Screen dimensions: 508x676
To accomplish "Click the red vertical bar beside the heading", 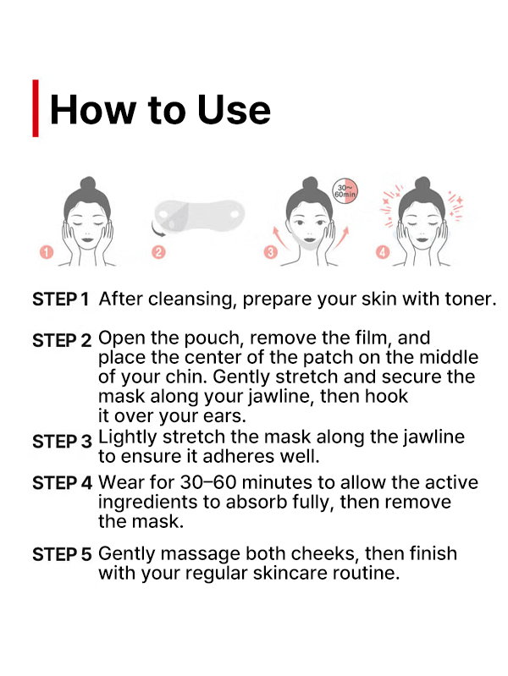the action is point(36,108).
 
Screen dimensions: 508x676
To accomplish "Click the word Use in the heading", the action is point(234,110).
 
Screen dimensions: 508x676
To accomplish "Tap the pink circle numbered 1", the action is point(47,252).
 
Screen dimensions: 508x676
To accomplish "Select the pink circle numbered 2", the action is point(158,252).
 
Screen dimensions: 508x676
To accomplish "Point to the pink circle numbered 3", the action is point(271,252).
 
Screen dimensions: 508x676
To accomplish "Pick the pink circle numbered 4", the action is point(383,252).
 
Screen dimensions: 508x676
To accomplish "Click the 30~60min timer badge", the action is point(345,191).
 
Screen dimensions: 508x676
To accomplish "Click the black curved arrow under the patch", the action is point(158,230).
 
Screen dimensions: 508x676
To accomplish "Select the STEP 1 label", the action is point(60,300).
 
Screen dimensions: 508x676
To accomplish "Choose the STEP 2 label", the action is point(62,341).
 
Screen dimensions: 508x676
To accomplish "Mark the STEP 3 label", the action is point(62,441).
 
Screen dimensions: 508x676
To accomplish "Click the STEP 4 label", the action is point(62,483).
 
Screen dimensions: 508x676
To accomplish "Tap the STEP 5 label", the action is point(62,554).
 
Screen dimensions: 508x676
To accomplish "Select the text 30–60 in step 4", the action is point(208,482).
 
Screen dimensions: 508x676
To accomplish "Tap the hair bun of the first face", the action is point(87,184).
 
